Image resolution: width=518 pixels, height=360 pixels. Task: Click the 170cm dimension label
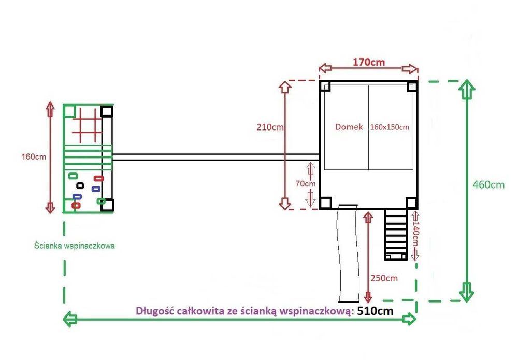tap(369, 62)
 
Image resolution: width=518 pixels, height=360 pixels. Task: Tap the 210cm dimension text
tap(270, 127)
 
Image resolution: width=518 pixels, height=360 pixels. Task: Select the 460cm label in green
tap(488, 184)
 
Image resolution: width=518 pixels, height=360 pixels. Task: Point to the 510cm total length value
tap(375, 311)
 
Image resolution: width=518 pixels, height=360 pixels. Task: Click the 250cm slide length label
tap(384, 278)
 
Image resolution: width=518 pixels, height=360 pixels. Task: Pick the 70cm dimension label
tap(306, 184)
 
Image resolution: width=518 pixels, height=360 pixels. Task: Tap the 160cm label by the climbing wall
tap(34, 156)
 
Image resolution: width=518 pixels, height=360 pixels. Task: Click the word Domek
tap(349, 127)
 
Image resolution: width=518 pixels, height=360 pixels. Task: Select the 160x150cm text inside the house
tap(390, 127)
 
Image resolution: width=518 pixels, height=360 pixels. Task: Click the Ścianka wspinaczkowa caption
tap(74, 246)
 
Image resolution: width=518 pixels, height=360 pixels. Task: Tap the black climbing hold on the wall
tap(80, 185)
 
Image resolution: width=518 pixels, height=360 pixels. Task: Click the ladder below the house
tap(396, 235)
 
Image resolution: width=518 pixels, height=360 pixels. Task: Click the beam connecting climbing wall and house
tap(216, 157)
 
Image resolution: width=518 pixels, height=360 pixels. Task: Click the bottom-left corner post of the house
tap(325, 203)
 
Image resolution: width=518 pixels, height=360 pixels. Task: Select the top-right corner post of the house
tap(412, 87)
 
